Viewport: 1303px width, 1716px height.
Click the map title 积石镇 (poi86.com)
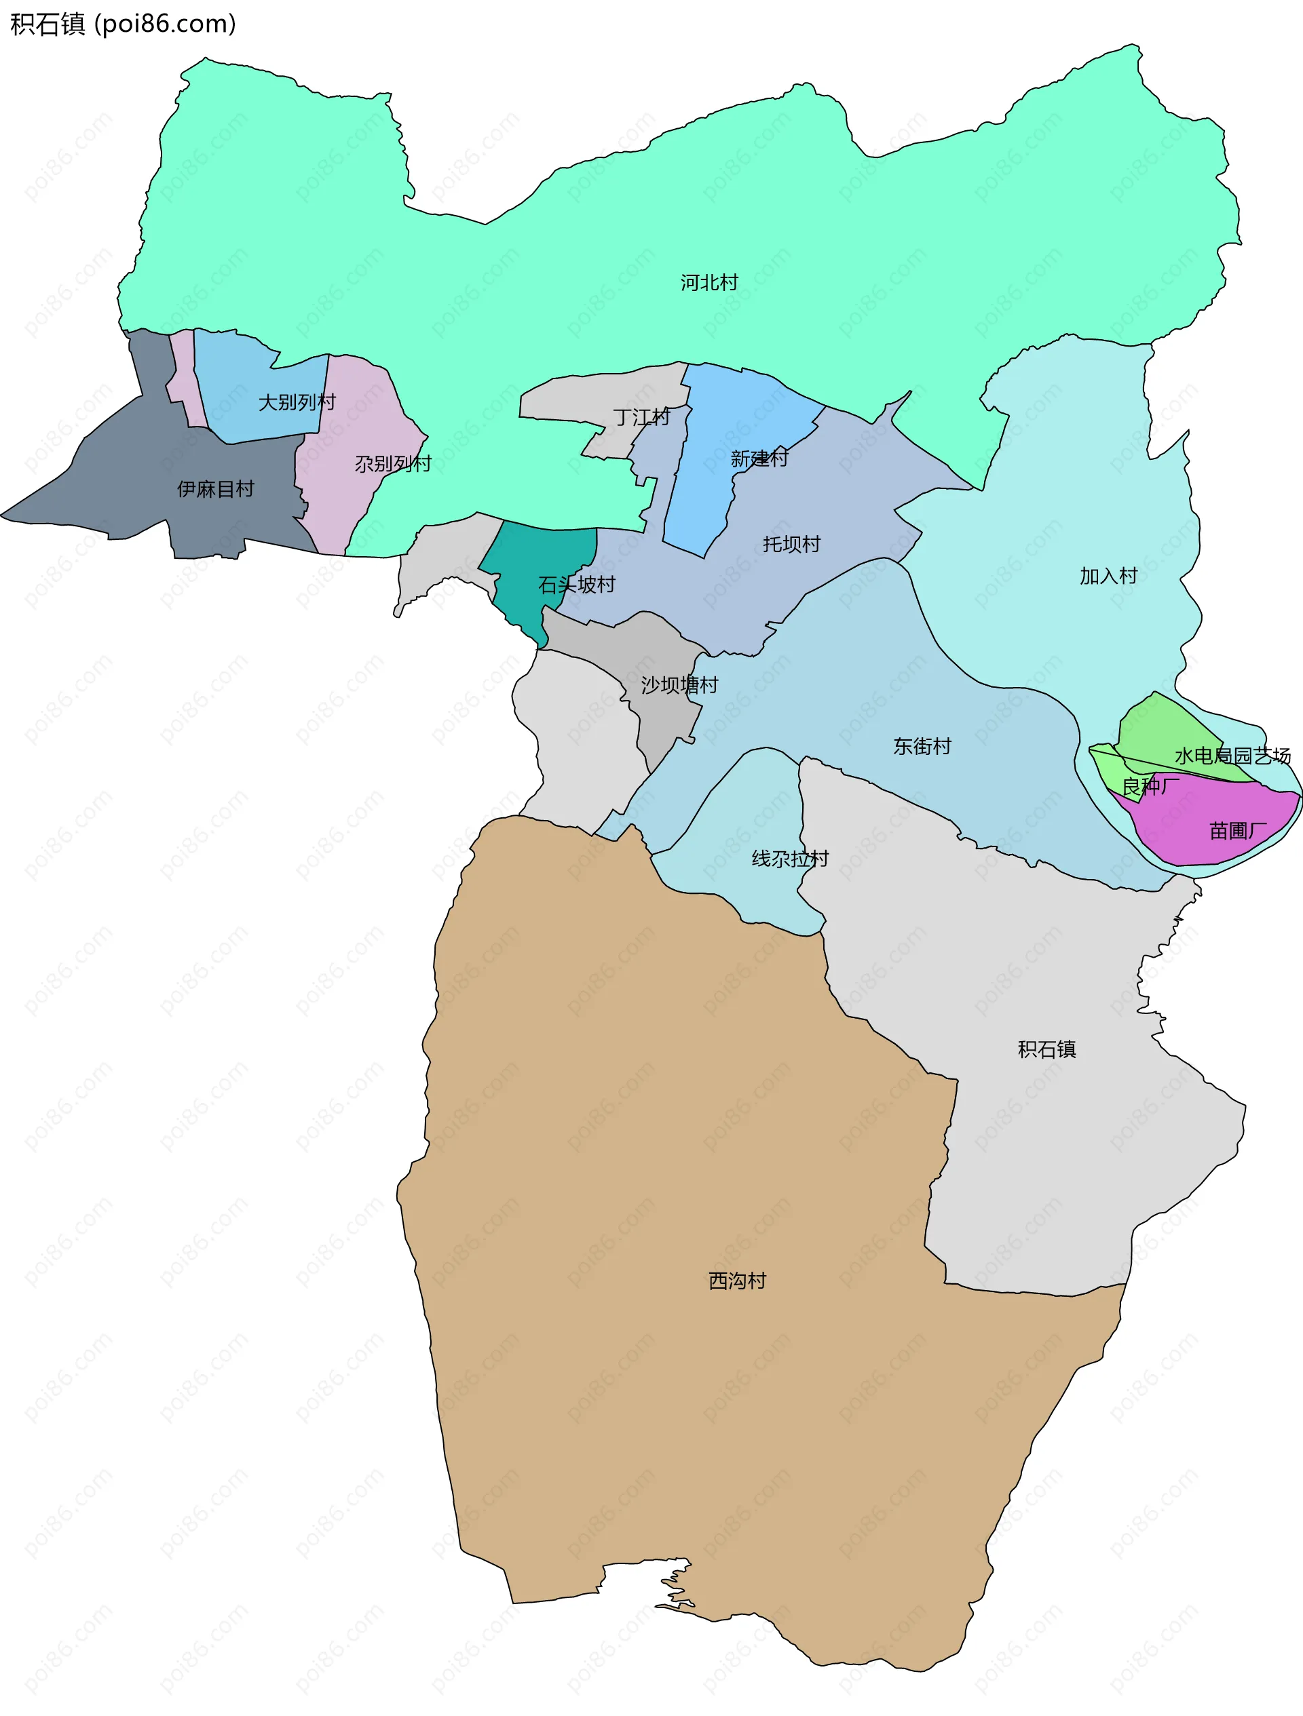(123, 24)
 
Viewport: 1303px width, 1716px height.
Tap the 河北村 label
(709, 282)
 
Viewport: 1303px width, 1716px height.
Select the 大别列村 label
(297, 402)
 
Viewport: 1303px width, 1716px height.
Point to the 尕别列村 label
(393, 463)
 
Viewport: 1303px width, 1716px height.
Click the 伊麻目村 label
(216, 489)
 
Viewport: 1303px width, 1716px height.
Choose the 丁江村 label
(641, 417)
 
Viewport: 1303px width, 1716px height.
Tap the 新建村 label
(758, 459)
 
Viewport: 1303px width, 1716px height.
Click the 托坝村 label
(791, 544)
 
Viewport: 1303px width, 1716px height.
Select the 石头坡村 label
(576, 584)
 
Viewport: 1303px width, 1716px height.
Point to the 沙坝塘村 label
(679, 684)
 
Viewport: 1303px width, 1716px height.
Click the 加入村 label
(1108, 576)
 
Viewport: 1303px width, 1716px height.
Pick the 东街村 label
(922, 745)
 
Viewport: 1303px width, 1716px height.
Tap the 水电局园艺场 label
(1232, 755)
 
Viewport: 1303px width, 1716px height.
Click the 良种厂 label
(1151, 786)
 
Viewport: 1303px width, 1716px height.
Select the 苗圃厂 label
(1238, 831)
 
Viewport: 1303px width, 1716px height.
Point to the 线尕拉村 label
(790, 858)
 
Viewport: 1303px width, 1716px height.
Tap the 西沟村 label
(736, 1280)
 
